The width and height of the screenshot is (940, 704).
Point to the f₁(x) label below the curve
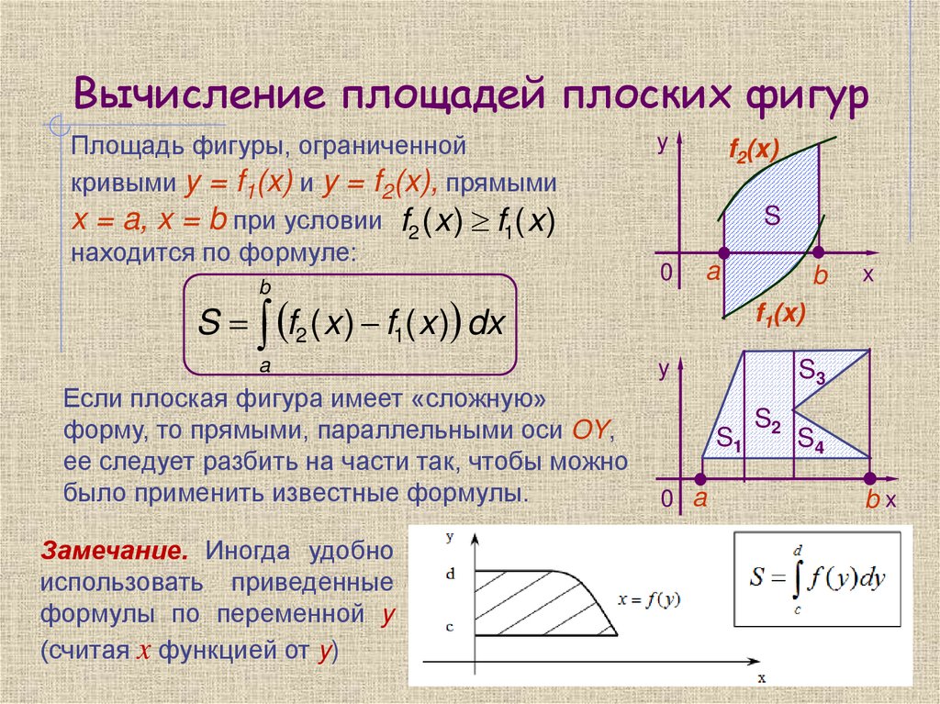tap(779, 315)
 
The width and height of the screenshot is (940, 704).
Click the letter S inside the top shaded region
tap(772, 218)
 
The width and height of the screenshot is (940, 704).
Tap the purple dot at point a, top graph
tap(724, 251)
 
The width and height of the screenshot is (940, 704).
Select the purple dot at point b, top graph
tap(819, 251)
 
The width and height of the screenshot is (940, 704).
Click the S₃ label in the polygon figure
tap(812, 371)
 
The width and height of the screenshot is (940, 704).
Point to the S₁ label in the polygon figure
tap(729, 438)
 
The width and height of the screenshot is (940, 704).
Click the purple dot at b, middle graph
tap(870, 478)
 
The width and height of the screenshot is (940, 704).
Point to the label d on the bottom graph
tap(450, 574)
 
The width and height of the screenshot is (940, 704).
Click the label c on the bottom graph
tap(450, 628)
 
